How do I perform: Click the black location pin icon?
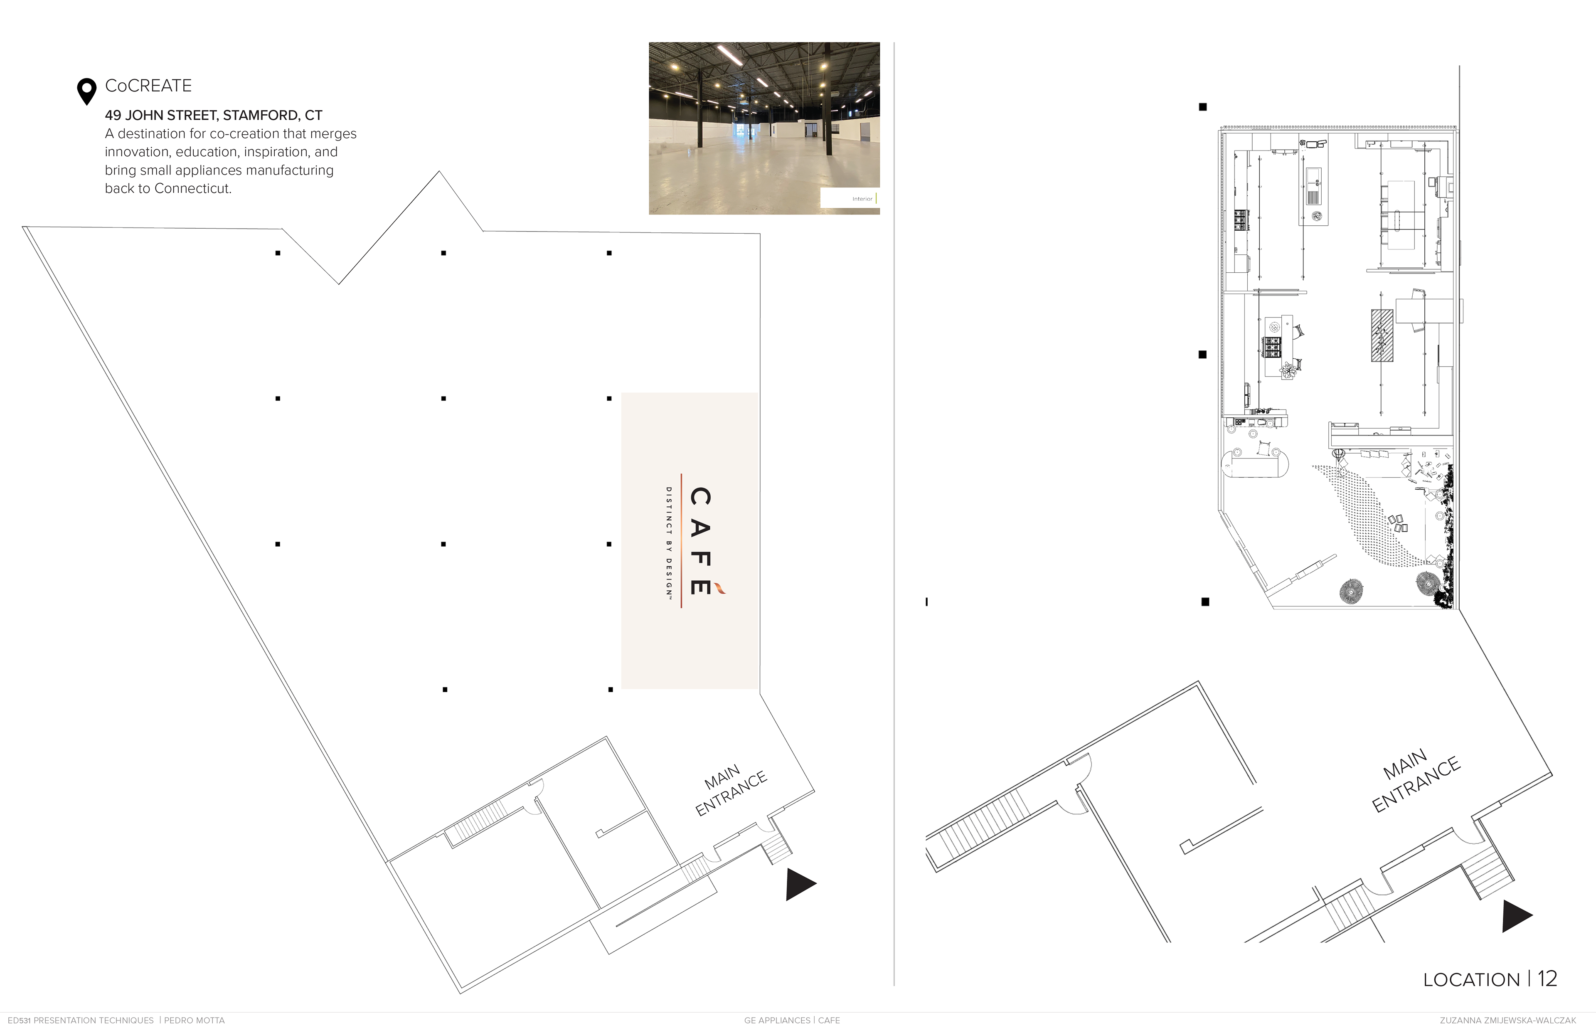point(86,91)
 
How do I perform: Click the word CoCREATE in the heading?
point(148,86)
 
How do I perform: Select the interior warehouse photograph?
point(764,128)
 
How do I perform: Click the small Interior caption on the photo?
point(862,199)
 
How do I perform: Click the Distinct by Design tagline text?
point(669,542)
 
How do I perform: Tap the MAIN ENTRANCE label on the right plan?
point(1414,780)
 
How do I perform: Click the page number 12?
point(1547,979)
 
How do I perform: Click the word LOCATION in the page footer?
point(1471,980)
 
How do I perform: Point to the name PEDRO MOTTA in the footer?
point(195,1020)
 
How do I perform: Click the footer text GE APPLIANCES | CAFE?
point(792,1020)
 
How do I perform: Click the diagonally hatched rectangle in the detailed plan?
point(1382,335)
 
